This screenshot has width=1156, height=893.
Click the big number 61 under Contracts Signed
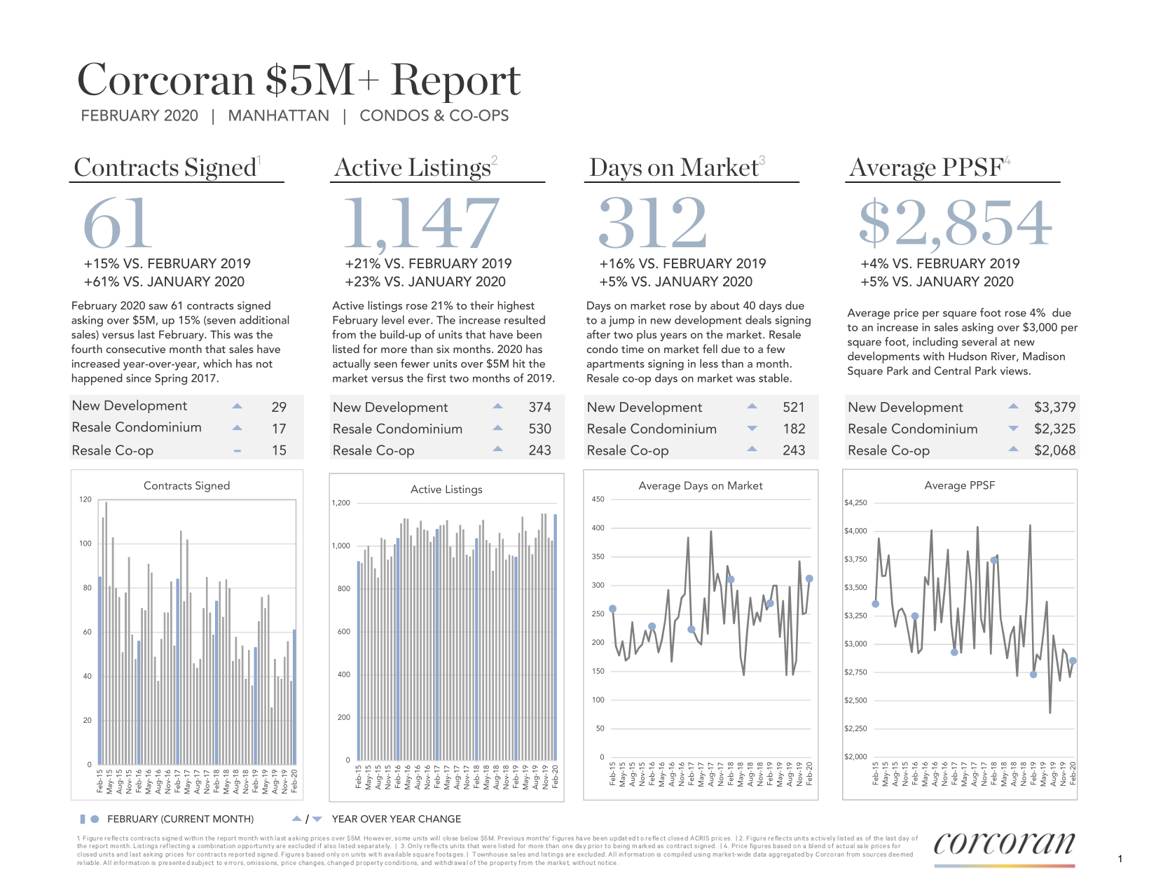tap(118, 223)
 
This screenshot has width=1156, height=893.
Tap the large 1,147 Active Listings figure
tap(421, 223)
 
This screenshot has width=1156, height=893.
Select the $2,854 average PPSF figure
tap(956, 223)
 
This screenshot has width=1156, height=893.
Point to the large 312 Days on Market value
tap(652, 223)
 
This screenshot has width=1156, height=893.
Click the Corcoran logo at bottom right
tap(1004, 844)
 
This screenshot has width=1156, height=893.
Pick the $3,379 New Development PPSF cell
tap(1054, 407)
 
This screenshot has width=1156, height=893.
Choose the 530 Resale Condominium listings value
tap(539, 429)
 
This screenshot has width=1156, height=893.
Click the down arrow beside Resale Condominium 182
tap(752, 429)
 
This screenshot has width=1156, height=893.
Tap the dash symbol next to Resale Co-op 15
tap(238, 451)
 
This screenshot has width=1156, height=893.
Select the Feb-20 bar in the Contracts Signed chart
tap(294, 697)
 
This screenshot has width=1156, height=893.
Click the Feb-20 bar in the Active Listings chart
tap(556, 637)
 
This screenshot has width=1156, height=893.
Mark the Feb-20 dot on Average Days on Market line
tap(809, 579)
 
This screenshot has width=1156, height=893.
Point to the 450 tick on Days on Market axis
tap(598, 499)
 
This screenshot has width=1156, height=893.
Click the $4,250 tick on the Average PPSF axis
tap(855, 503)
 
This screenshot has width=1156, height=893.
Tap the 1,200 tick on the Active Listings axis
tap(340, 503)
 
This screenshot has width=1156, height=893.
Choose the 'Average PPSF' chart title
tap(959, 485)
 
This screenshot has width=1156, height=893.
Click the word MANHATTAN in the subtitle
tap(278, 116)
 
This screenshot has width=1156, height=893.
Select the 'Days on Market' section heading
tap(673, 167)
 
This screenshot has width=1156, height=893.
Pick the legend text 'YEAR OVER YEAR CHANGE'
tap(397, 819)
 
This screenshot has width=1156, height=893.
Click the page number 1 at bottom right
tap(1120, 859)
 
